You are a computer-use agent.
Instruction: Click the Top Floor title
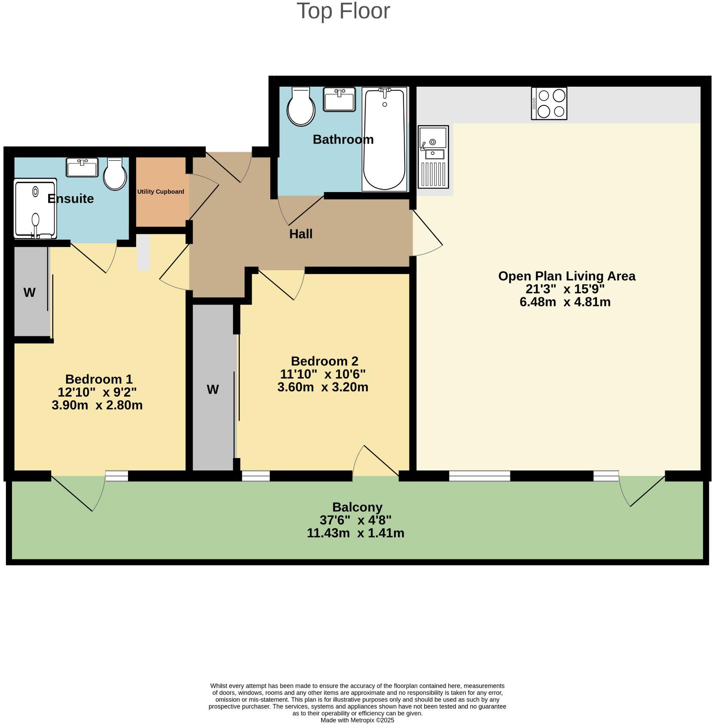tap(343, 11)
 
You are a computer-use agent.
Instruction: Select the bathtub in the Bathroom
tap(384, 139)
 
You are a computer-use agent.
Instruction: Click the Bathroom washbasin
tap(339, 99)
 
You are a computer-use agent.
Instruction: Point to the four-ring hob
tap(549, 104)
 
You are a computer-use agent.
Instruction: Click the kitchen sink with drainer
tap(433, 157)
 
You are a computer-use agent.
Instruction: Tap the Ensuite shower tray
tap(35, 208)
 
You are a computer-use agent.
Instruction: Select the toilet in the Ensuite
tap(115, 174)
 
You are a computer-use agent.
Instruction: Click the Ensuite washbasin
tap(82, 167)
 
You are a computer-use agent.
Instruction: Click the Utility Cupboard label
tap(161, 192)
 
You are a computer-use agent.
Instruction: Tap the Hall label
tap(301, 234)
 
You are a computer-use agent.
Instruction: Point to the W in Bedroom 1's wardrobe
tap(29, 293)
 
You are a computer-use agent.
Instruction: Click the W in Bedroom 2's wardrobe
tap(213, 390)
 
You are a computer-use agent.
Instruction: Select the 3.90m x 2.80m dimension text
tap(97, 405)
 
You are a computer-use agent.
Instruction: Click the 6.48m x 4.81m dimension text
tap(565, 302)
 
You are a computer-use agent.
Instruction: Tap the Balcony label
tap(357, 507)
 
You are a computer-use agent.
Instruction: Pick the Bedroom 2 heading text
tap(324, 361)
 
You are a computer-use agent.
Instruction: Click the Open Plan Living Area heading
tap(566, 276)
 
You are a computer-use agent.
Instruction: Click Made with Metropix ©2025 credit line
tap(357, 720)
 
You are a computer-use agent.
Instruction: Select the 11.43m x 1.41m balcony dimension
tap(355, 533)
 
